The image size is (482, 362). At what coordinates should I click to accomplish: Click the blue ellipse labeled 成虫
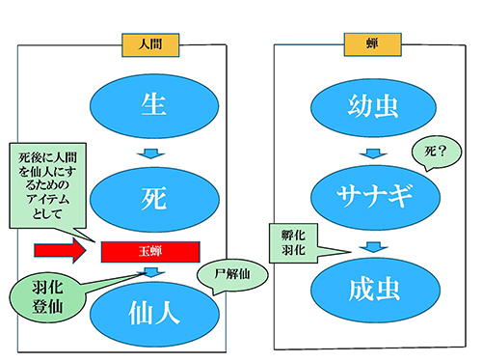(370, 288)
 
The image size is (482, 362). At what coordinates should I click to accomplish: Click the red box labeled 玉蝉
(148, 251)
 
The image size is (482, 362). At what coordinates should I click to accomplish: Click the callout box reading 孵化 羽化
(295, 241)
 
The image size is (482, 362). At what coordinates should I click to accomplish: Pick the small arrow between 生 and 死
(147, 153)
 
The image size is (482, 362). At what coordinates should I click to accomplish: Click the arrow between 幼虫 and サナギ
(370, 153)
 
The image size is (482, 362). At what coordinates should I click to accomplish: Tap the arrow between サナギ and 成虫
(370, 246)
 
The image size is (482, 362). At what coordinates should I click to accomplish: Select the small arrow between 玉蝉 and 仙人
(148, 272)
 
